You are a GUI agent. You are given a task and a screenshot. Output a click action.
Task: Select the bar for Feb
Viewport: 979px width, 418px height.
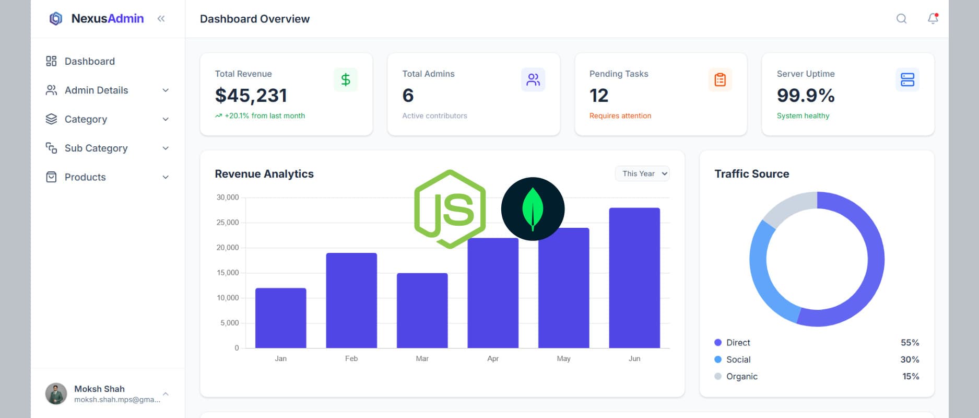[x=351, y=300]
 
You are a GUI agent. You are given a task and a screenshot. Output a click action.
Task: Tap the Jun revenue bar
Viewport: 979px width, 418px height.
[x=634, y=277]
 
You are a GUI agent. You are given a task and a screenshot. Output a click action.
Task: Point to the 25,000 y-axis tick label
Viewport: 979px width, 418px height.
[x=228, y=223]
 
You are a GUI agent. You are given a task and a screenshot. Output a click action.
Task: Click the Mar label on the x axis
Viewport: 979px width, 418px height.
[x=422, y=358]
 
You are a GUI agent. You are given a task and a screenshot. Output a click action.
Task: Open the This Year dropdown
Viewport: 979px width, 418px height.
[x=642, y=173]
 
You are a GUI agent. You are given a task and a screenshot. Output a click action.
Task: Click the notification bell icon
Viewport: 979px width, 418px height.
[x=933, y=19]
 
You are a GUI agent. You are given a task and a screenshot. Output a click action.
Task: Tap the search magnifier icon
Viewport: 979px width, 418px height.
[x=901, y=19]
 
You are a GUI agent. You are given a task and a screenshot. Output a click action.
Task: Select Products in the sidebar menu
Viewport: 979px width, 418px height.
[x=85, y=177]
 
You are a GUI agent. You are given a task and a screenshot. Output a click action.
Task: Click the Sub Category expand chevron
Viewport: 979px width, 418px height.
[x=166, y=148]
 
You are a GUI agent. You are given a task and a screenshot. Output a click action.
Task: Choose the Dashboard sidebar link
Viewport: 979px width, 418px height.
[x=89, y=61]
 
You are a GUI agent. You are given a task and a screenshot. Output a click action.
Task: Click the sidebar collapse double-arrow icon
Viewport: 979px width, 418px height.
[x=161, y=19]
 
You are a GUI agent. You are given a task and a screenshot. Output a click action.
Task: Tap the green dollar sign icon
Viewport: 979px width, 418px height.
[x=346, y=80]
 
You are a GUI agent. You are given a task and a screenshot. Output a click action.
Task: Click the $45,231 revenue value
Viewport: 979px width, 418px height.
[x=251, y=96]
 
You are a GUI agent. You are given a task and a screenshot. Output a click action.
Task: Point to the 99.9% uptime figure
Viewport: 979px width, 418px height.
[x=806, y=96]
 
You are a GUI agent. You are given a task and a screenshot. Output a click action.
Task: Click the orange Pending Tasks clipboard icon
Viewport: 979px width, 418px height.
[x=720, y=80]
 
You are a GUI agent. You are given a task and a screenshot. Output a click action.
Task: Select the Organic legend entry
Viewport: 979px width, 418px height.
[x=741, y=376]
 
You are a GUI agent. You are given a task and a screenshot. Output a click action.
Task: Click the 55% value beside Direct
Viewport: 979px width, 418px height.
[x=910, y=343]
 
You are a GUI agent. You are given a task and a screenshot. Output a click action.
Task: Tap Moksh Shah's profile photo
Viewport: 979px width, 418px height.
[x=56, y=394]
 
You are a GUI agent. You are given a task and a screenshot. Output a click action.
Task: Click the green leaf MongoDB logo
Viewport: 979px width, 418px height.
[x=533, y=209]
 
